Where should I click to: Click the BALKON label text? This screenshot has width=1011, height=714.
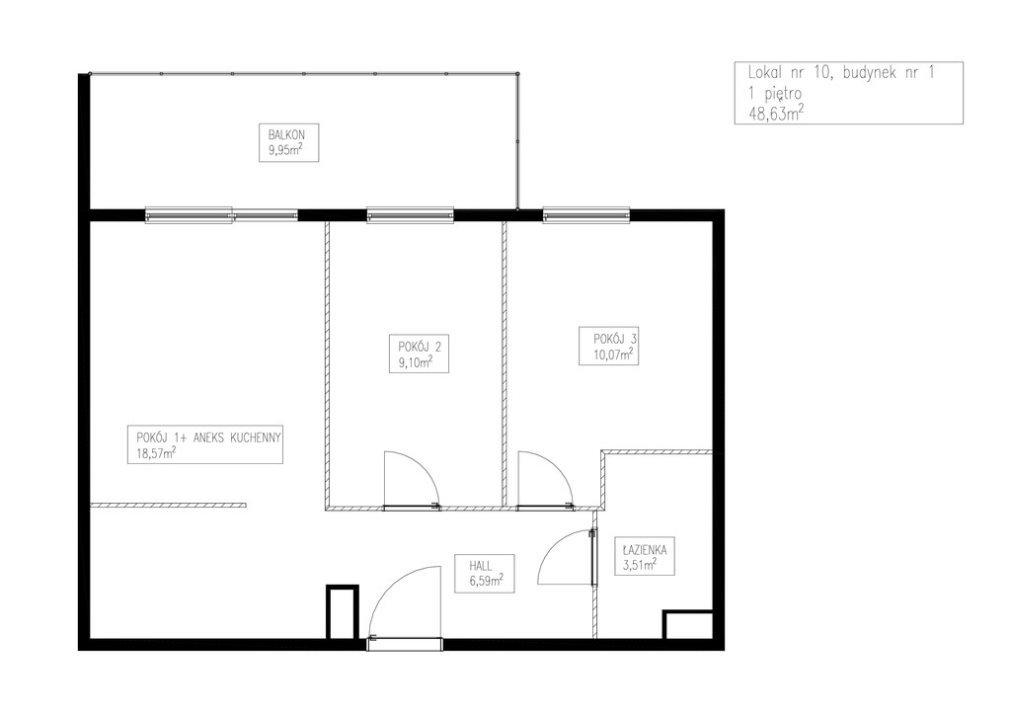click(x=286, y=135)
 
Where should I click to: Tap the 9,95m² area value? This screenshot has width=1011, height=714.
click(x=285, y=151)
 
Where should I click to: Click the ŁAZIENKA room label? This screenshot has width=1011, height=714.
click(x=645, y=550)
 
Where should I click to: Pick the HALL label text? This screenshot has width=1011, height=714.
click(x=481, y=566)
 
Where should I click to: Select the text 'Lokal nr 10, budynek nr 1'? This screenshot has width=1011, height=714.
click(x=841, y=73)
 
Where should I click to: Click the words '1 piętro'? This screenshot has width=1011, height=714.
click(x=775, y=94)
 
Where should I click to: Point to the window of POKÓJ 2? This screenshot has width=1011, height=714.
click(x=410, y=214)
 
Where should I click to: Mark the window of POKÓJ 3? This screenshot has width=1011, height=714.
click(x=586, y=214)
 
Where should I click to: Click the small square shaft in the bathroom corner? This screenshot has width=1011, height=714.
click(x=687, y=624)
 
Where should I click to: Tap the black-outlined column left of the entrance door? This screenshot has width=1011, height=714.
click(x=342, y=611)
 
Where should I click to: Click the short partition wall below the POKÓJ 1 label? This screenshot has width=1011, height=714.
click(x=168, y=505)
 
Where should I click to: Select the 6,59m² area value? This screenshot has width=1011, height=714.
click(x=487, y=581)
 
